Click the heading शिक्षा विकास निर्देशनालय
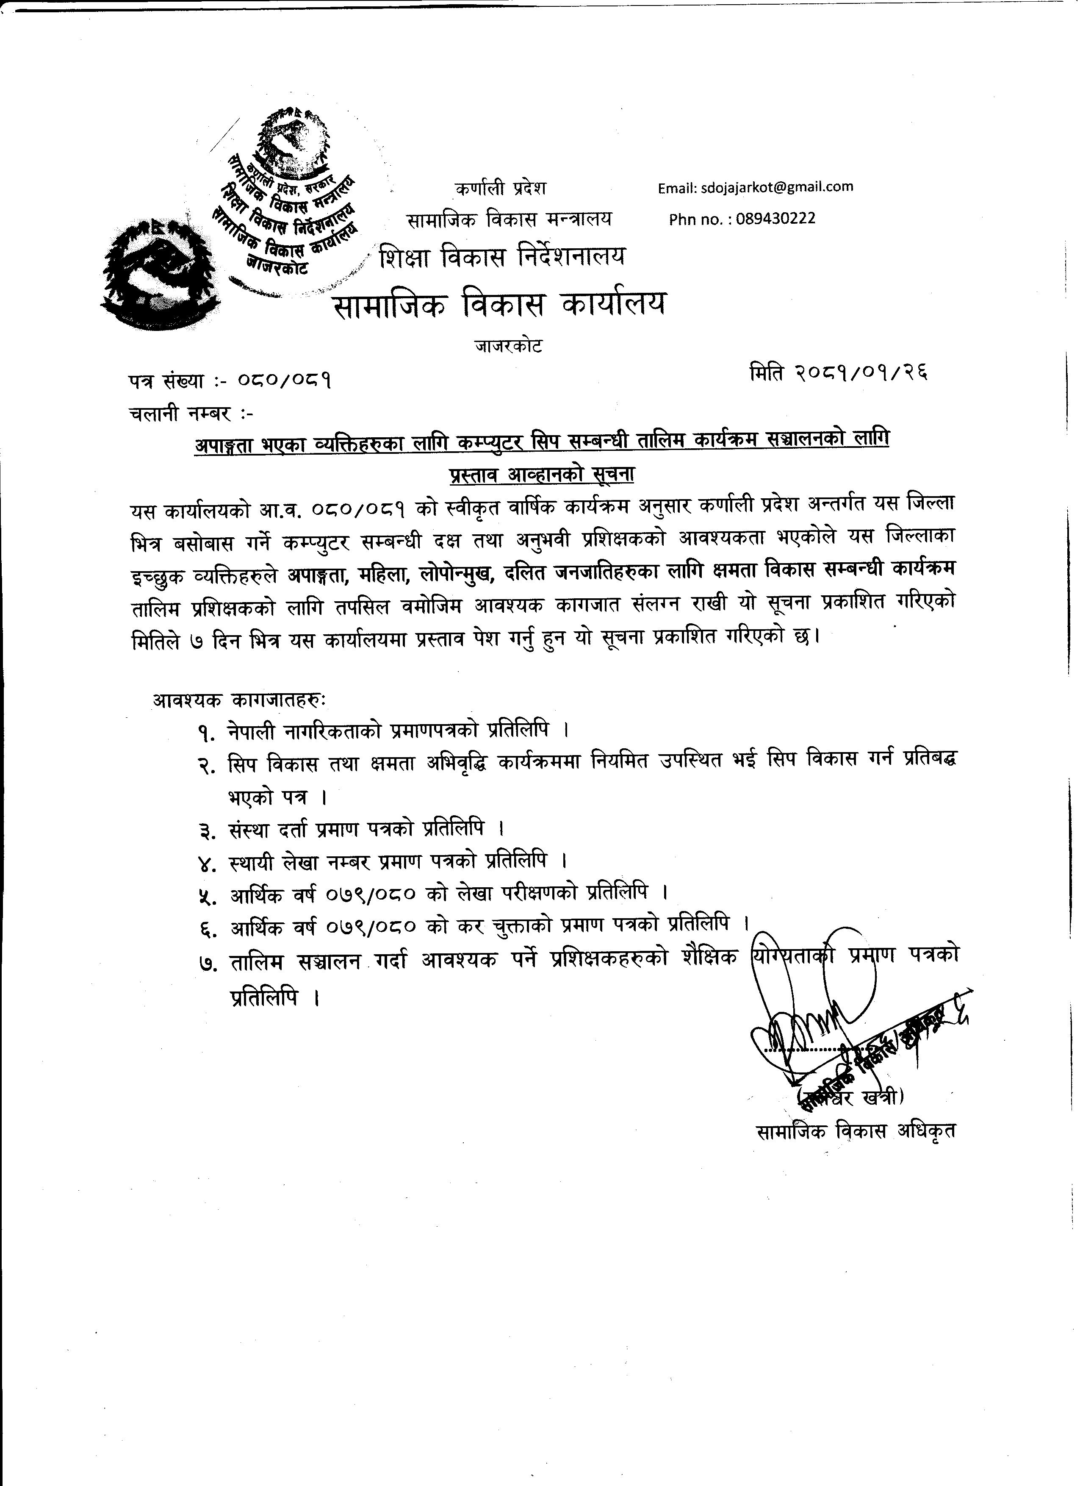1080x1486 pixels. [x=502, y=257]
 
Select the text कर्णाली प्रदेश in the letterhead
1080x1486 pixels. [x=500, y=189]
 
